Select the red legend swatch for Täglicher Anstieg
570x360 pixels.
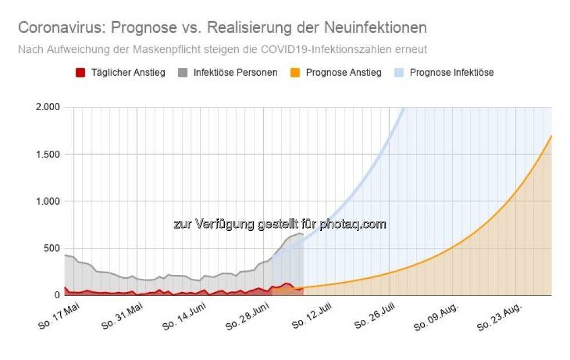(x=80, y=72)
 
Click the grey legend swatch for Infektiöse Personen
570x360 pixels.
(x=184, y=72)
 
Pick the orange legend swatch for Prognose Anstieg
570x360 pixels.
(x=295, y=72)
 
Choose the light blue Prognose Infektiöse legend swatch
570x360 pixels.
(x=399, y=72)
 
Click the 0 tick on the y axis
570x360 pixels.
(x=57, y=295)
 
